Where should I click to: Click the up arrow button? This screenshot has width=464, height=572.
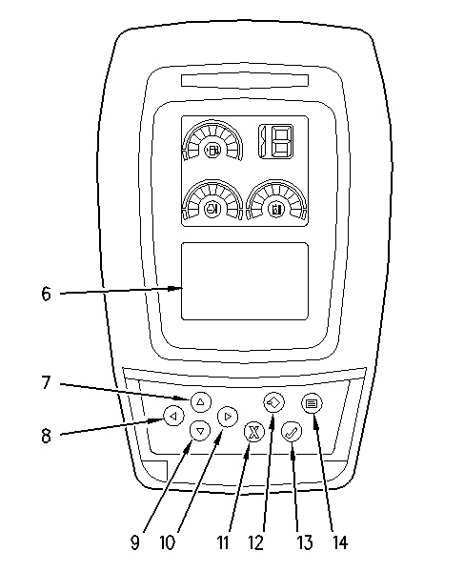(200, 401)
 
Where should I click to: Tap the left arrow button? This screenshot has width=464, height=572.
(174, 416)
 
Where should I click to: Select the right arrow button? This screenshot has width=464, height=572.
(228, 417)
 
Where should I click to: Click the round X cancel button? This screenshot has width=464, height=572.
(253, 432)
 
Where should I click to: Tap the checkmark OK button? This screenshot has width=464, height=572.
(292, 432)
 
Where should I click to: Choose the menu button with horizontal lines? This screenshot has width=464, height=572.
(312, 403)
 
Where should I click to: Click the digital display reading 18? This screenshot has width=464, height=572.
(276, 141)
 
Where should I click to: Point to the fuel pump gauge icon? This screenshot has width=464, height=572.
(212, 151)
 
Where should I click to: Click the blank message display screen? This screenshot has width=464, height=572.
(245, 281)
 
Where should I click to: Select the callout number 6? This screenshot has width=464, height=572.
(46, 294)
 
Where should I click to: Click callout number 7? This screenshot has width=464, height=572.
(46, 382)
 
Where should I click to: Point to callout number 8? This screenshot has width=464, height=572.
(46, 436)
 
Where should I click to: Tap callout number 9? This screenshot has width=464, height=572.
(135, 542)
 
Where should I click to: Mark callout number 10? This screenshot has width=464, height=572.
(168, 542)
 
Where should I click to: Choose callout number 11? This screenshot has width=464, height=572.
(223, 542)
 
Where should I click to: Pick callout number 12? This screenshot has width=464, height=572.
(256, 542)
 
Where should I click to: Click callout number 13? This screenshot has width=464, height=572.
(305, 542)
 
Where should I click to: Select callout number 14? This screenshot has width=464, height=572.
(340, 542)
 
